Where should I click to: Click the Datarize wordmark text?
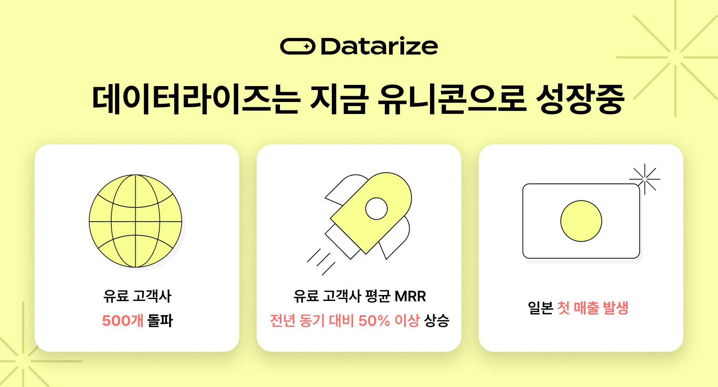(x=379, y=47)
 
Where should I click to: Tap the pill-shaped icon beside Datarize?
(x=298, y=47)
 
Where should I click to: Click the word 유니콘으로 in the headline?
(x=452, y=99)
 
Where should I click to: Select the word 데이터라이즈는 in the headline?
(x=195, y=99)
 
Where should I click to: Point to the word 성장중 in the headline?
(x=580, y=99)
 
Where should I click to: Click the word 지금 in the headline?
(x=338, y=99)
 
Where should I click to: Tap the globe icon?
(x=136, y=221)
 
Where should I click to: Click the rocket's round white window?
(x=377, y=208)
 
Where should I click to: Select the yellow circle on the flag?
(x=581, y=221)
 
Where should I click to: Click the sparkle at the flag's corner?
(x=645, y=179)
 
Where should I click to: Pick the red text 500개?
(x=122, y=320)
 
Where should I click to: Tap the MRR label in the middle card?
(x=410, y=296)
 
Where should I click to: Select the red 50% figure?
(x=374, y=320)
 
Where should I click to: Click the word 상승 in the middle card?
(x=436, y=320)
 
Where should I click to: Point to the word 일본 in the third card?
(x=540, y=308)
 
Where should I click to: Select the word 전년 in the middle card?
(x=283, y=320)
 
